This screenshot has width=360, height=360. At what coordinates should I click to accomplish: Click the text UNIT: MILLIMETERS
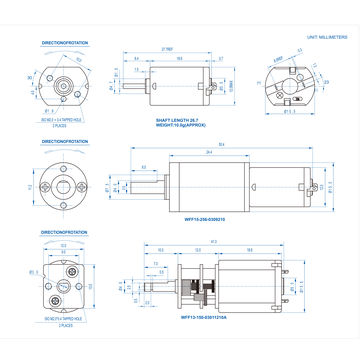point(327,36)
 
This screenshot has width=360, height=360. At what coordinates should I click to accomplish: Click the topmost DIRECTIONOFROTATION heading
point(65,44)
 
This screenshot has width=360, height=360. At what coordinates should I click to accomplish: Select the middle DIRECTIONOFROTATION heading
point(65,142)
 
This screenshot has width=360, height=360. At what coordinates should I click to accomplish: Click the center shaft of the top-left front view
point(69,84)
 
